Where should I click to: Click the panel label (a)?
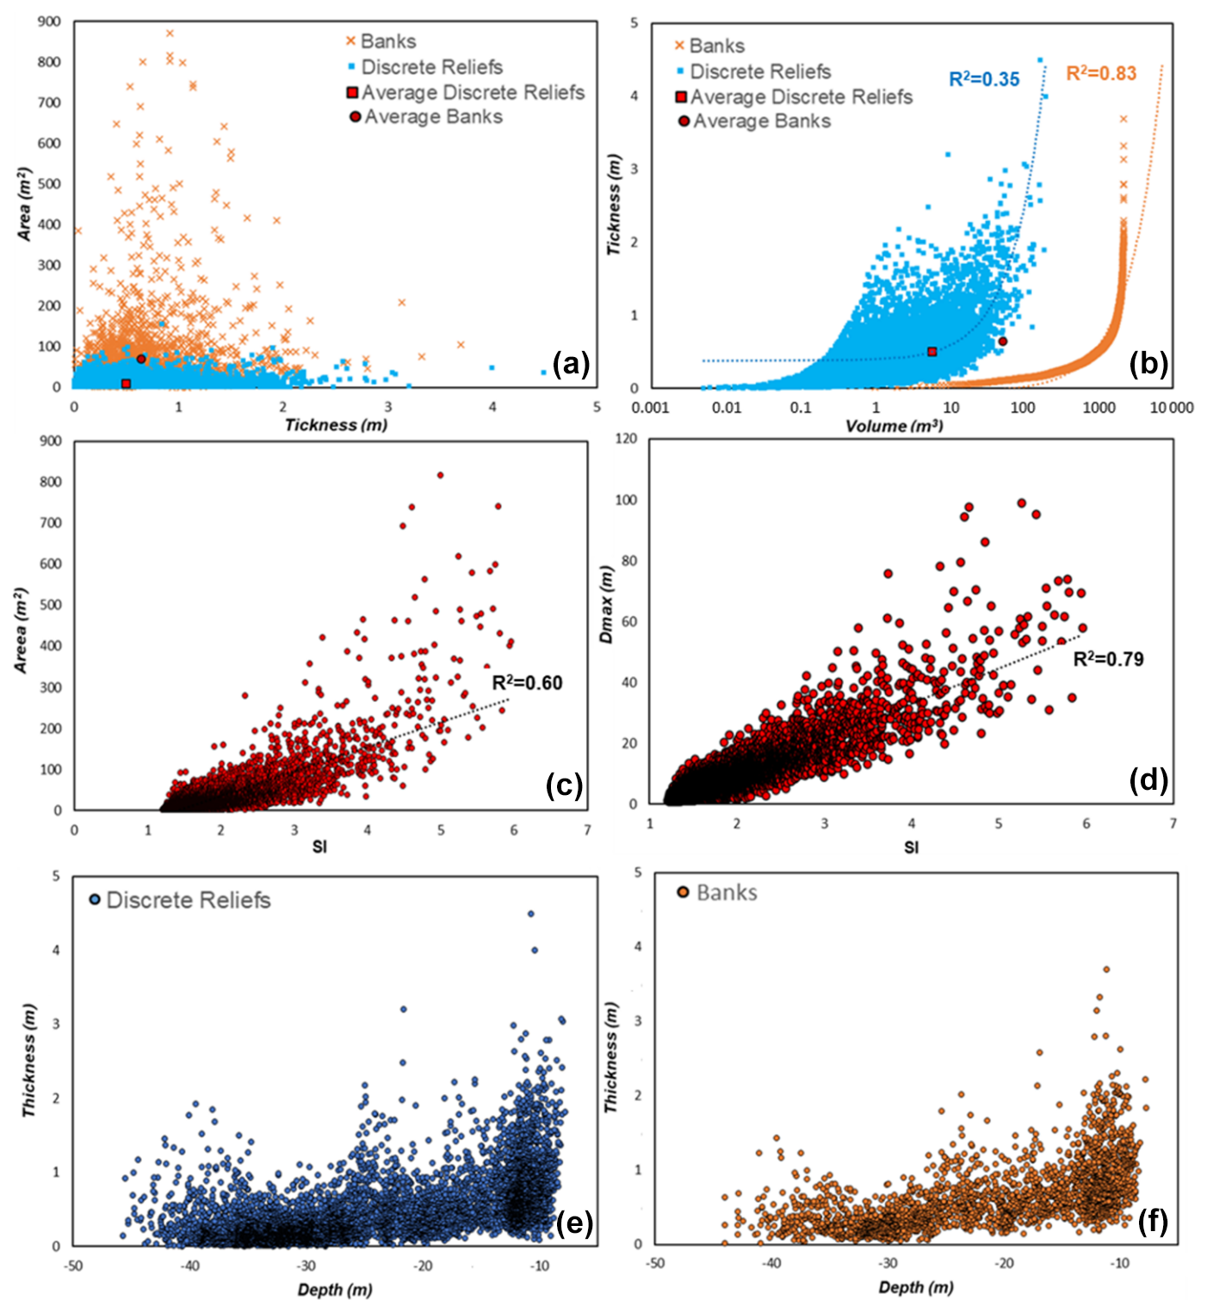(x=571, y=365)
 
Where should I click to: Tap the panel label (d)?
(x=1148, y=780)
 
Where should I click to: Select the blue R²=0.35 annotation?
(x=984, y=80)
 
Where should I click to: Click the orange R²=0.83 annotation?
(x=1101, y=74)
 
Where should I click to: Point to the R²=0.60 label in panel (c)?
(x=527, y=683)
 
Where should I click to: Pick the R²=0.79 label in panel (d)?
(x=1108, y=660)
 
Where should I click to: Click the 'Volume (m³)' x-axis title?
(x=894, y=426)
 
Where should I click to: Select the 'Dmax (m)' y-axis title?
(x=607, y=605)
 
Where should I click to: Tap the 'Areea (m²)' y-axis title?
(x=22, y=631)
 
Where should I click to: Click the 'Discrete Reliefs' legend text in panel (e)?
(x=188, y=901)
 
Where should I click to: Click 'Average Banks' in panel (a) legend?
(x=433, y=117)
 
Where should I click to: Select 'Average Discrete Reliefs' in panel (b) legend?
(x=801, y=97)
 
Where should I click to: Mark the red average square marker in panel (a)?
(x=126, y=384)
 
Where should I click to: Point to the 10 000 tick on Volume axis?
(x=1172, y=408)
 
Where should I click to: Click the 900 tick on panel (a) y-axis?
(x=49, y=22)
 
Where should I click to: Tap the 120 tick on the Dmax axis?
(x=627, y=439)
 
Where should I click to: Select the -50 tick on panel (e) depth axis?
(x=73, y=1266)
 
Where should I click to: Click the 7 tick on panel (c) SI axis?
(x=588, y=830)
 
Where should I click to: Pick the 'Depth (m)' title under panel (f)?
(x=916, y=1288)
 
